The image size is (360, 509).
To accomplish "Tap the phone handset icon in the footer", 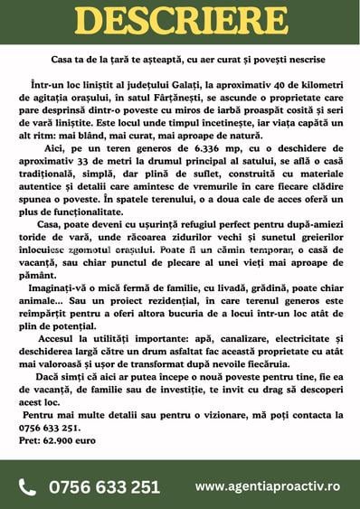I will pyautogui.click(x=27, y=486).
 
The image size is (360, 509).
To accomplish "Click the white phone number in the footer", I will pyautogui.click(x=104, y=486).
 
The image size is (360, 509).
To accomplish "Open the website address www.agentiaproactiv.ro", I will pyautogui.click(x=267, y=486).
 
